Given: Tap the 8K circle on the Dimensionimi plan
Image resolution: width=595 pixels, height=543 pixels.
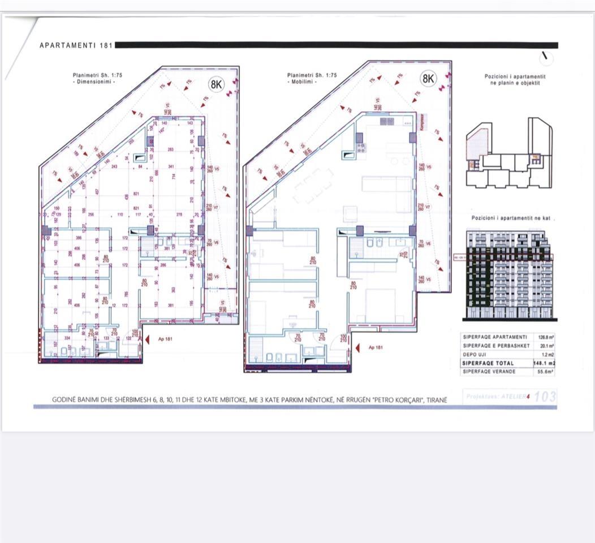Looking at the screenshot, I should (216, 85).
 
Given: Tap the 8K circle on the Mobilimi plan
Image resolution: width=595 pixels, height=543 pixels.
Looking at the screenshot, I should (428, 79).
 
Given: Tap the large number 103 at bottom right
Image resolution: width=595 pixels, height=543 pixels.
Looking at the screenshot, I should (545, 397).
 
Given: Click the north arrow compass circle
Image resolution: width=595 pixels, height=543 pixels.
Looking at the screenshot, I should (547, 57).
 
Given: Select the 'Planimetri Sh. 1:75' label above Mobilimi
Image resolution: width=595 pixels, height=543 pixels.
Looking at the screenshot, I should (312, 75).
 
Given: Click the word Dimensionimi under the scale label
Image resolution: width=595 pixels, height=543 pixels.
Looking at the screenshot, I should (94, 82).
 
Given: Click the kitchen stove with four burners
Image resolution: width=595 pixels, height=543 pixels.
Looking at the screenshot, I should (360, 148).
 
